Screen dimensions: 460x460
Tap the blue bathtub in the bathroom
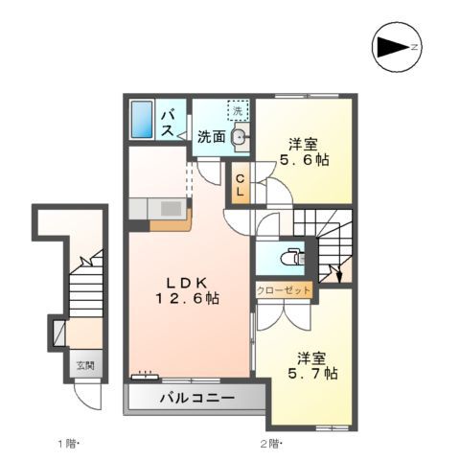(142, 119)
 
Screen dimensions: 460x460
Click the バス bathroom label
(167, 122)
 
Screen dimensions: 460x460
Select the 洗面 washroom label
(212, 136)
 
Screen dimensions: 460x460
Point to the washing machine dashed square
(237, 111)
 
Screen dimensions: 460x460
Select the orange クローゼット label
(284, 289)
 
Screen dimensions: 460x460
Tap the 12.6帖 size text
(188, 299)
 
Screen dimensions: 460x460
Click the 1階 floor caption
(66, 443)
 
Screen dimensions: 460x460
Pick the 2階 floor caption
(269, 443)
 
